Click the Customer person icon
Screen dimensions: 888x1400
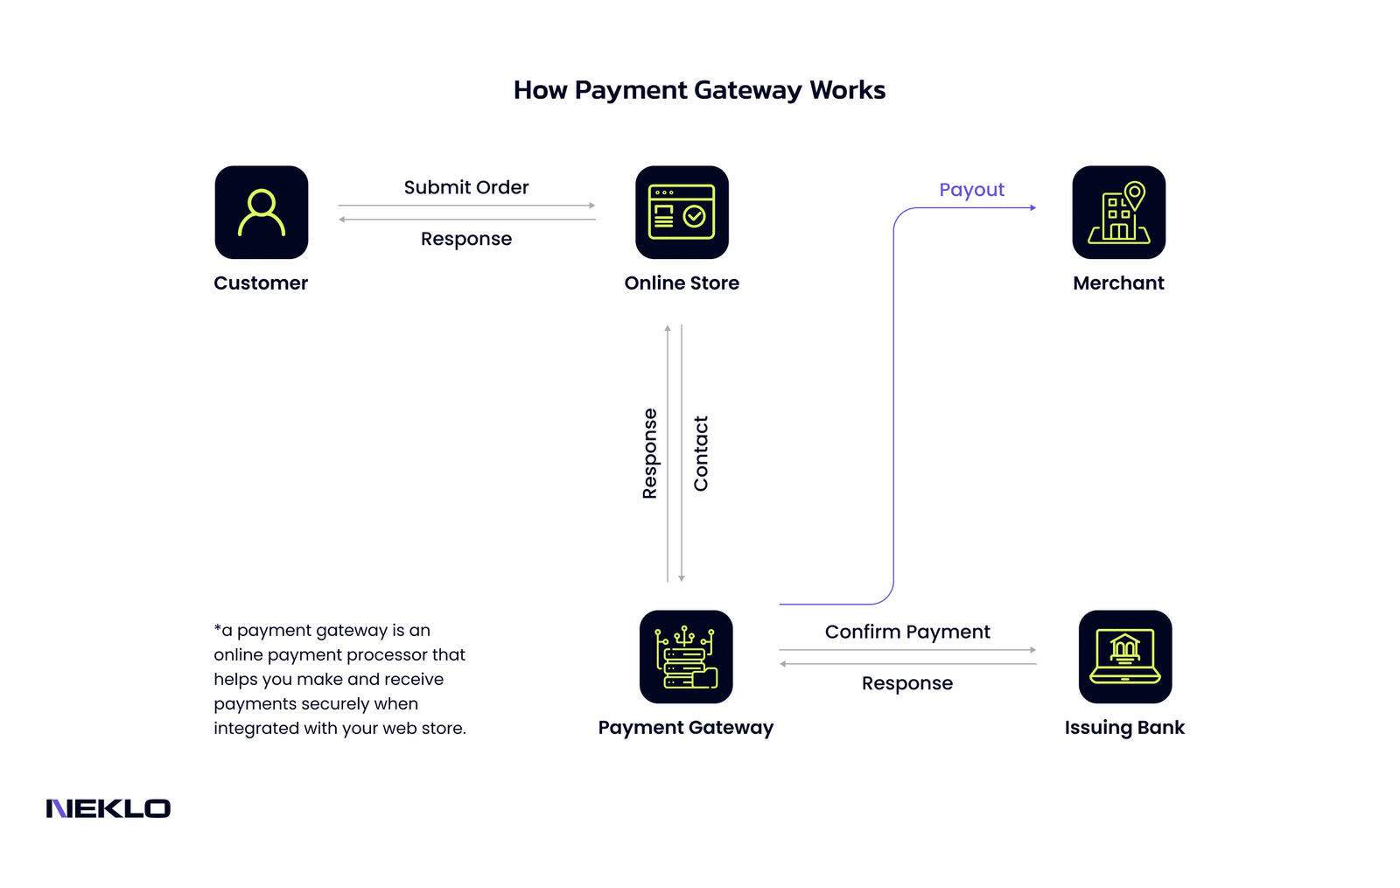[x=261, y=213]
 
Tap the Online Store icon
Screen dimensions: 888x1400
[x=682, y=213]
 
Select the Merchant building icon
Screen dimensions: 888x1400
[x=1118, y=213]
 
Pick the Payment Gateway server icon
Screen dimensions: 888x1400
[x=686, y=656]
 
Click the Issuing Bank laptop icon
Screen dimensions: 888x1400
[x=1124, y=656]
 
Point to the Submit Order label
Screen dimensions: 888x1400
[x=466, y=187]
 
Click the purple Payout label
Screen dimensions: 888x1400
[x=971, y=190]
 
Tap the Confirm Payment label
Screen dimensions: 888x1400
[x=907, y=632]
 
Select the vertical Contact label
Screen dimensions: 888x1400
[x=701, y=453]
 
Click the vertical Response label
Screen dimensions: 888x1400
[x=649, y=453]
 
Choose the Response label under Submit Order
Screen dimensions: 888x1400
[x=466, y=239]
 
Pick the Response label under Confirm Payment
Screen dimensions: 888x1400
[x=907, y=683]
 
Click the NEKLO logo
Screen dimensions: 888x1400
[x=108, y=808]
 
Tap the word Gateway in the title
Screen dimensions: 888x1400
[x=748, y=90]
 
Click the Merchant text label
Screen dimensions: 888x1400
[x=1118, y=283]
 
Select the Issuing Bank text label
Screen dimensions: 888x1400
[x=1124, y=727]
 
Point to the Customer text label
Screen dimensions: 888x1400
[x=261, y=283]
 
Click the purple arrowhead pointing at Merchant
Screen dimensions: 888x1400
[x=1033, y=207]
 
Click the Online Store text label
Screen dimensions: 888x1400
[x=682, y=283]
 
